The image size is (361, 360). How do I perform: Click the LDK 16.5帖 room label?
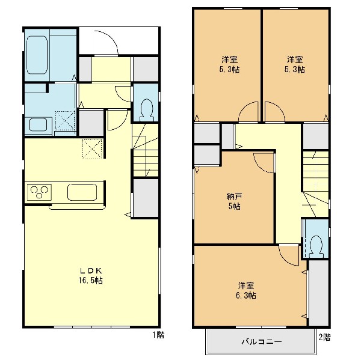[91, 276]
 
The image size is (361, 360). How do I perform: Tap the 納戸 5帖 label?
[235, 201]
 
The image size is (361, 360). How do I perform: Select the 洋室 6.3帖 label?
[246, 290]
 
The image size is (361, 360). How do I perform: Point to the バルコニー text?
[262, 341]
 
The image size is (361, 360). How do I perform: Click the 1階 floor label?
[159, 335]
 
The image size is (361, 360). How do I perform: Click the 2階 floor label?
[325, 337]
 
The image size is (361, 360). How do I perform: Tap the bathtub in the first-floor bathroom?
[37, 55]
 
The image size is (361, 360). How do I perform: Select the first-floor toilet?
[146, 110]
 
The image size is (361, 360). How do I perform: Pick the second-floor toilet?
[316, 246]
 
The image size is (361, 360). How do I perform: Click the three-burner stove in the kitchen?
[39, 192]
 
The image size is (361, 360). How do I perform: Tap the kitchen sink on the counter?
[82, 192]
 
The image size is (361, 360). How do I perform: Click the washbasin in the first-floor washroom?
[39, 125]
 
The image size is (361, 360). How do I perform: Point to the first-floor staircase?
[145, 150]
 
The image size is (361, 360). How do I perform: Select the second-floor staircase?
[315, 183]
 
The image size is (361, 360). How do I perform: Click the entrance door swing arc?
[109, 40]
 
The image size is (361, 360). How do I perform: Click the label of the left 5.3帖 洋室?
[230, 64]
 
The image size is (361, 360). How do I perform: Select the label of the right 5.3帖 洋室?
[295, 64]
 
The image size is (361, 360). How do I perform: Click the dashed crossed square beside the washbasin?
[66, 120]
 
